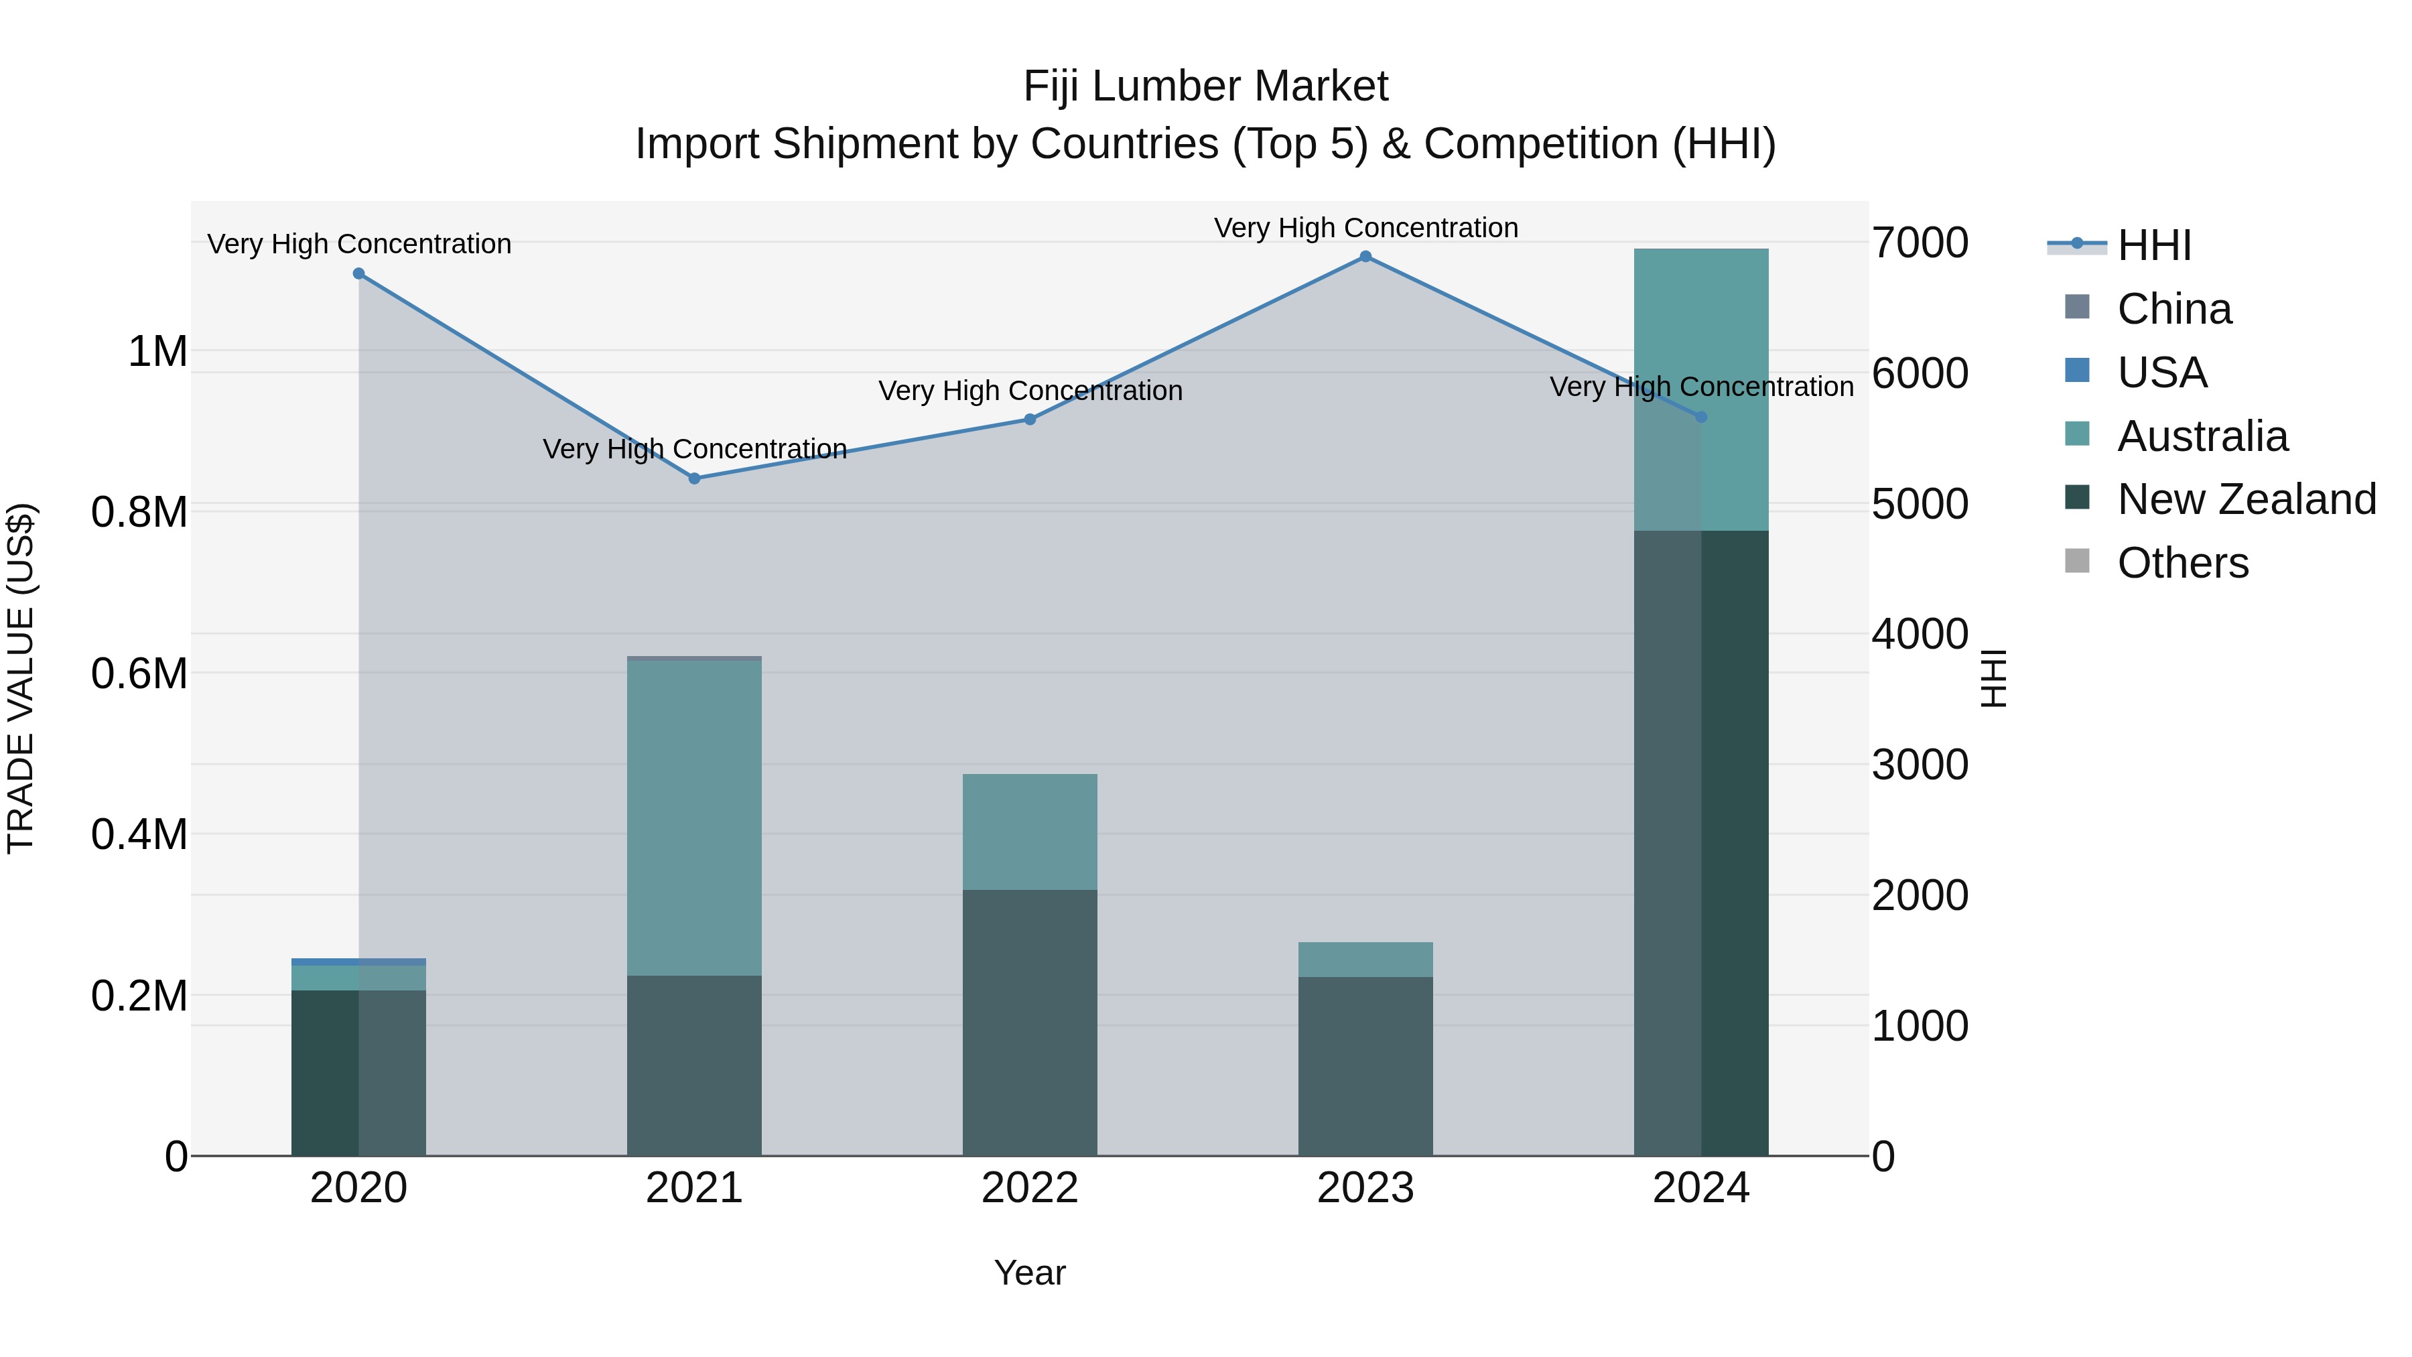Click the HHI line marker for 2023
click(1365, 257)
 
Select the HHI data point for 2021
click(694, 478)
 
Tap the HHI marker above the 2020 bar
click(358, 273)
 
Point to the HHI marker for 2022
click(1030, 419)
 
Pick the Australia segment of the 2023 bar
click(1365, 960)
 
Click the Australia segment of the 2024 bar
click(1701, 389)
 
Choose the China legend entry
click(2174, 309)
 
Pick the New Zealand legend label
click(2247, 499)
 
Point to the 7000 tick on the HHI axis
click(1920, 243)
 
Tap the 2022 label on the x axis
click(1030, 1188)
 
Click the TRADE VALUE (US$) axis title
click(21, 678)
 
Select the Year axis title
click(1030, 1273)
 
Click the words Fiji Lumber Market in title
click(1205, 86)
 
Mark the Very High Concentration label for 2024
click(1701, 387)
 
